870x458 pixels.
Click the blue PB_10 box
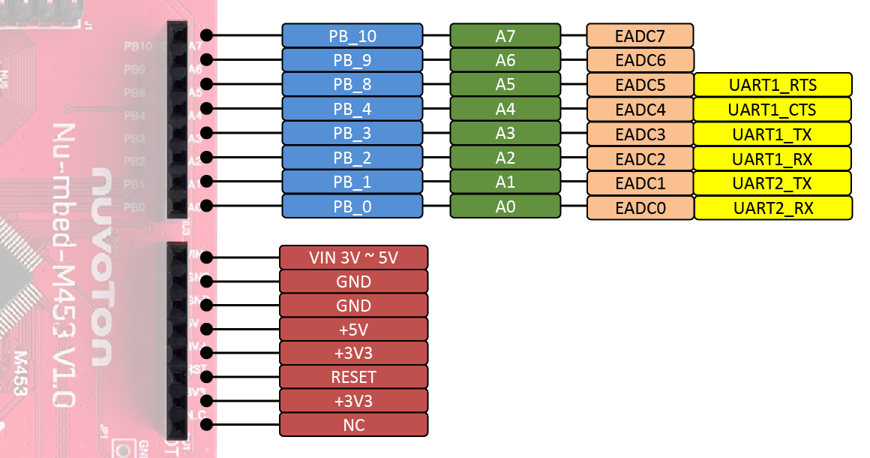point(352,35)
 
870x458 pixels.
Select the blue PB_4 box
point(352,110)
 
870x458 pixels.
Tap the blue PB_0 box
point(352,207)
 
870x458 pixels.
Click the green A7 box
point(505,35)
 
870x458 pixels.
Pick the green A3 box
point(505,134)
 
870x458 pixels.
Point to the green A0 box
point(505,207)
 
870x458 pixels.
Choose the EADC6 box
point(640,60)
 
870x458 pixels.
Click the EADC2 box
point(640,159)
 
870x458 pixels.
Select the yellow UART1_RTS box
point(772,85)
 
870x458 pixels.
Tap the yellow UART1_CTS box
point(772,110)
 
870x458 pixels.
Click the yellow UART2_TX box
point(772,183)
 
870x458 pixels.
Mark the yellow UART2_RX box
point(772,208)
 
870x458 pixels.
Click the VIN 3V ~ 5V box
point(353,258)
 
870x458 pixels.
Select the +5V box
point(353,330)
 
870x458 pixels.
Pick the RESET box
point(353,377)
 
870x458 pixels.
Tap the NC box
point(353,425)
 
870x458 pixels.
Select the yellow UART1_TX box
point(772,134)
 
